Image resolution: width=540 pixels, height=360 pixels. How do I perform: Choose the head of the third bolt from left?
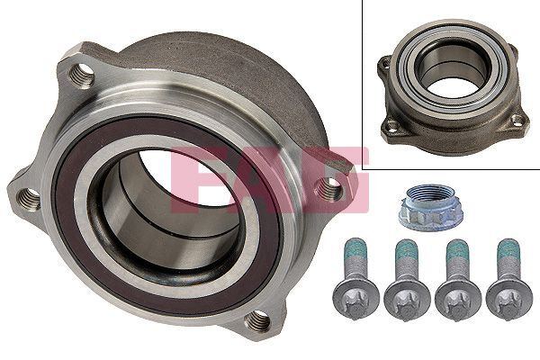(456, 298)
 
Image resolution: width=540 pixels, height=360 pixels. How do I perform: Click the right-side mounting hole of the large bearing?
(330, 189)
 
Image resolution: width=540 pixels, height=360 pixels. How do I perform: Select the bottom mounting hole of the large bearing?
(258, 319)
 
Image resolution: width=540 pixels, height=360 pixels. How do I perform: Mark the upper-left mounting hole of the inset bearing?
(386, 63)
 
